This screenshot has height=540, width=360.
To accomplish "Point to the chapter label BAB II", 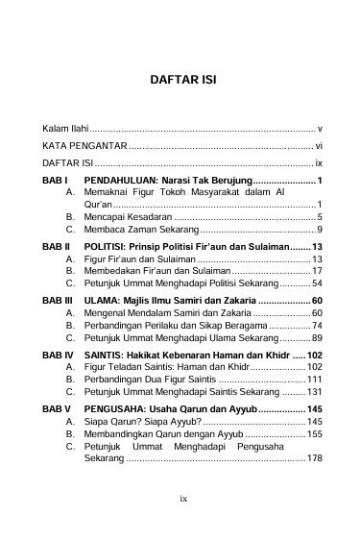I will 58,247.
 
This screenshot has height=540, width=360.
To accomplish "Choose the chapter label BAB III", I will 59,302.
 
